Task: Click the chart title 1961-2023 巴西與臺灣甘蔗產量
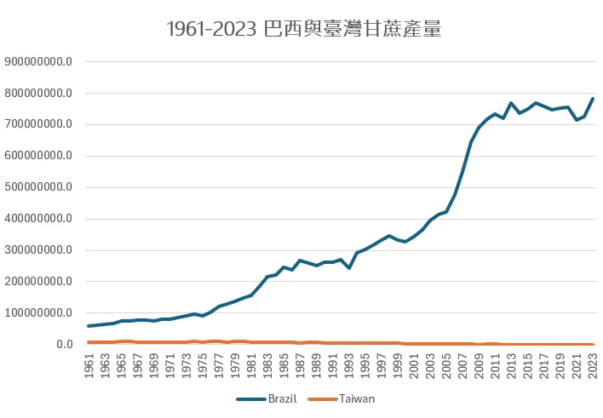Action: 303,30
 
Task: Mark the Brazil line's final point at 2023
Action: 592,99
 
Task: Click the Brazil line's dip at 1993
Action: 349,268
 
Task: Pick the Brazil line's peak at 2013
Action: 511,103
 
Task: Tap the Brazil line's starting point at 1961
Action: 89,326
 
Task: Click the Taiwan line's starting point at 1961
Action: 89,342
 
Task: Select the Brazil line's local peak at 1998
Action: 389,236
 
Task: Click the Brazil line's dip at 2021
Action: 576,120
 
